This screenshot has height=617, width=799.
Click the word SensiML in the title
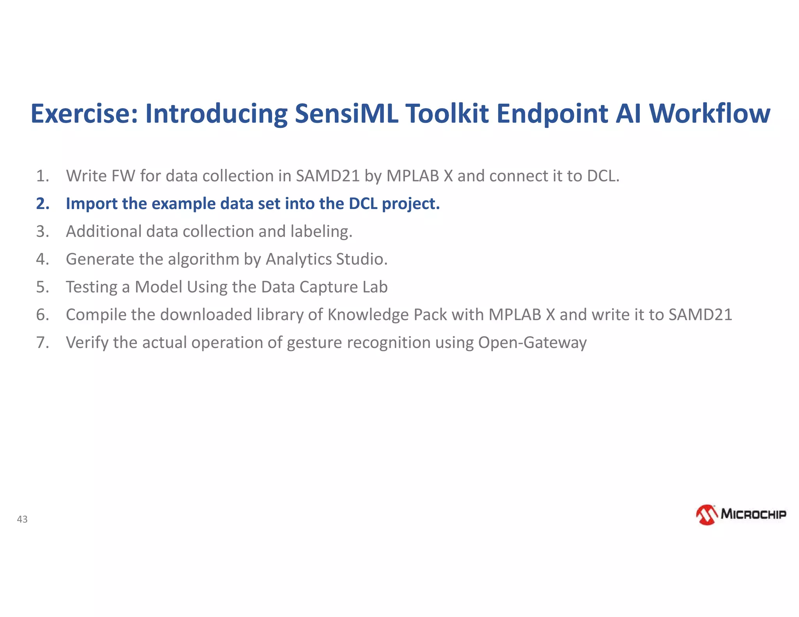(346, 113)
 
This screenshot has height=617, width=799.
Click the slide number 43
(22, 519)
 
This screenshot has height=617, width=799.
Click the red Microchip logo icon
(707, 515)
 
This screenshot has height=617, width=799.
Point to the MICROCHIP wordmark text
(753, 514)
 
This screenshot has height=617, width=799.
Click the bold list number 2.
(43, 204)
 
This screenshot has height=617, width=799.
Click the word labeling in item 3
(321, 232)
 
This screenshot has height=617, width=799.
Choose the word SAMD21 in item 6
(700, 315)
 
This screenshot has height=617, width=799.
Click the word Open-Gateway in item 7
(532, 342)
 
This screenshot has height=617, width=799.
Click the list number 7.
(43, 342)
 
